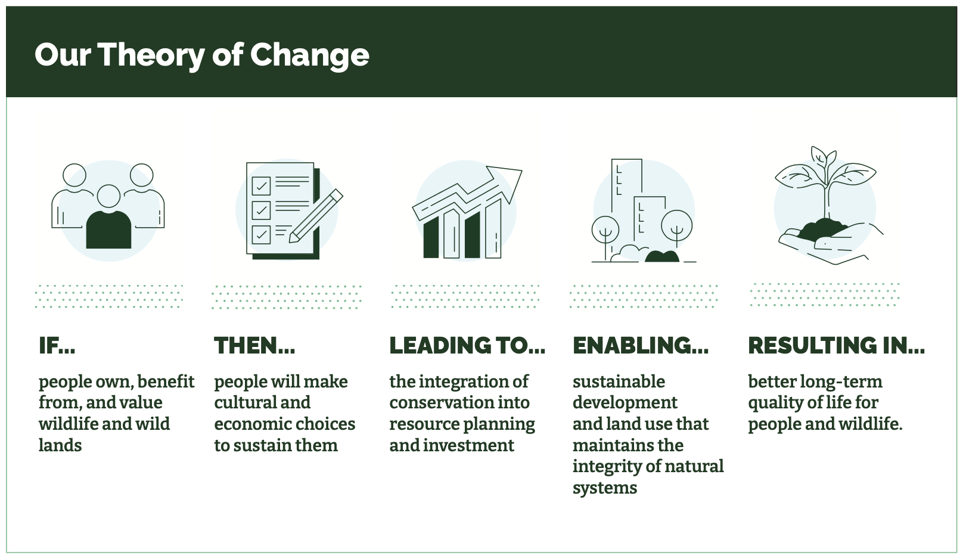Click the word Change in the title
click(x=309, y=55)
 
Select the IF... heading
click(x=57, y=345)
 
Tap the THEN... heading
click(x=254, y=345)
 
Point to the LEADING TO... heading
click(x=467, y=345)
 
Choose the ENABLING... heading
click(x=641, y=345)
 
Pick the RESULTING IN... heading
click(x=836, y=345)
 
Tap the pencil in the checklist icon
click(x=316, y=216)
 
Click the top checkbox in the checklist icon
click(x=261, y=186)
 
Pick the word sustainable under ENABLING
click(x=619, y=382)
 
